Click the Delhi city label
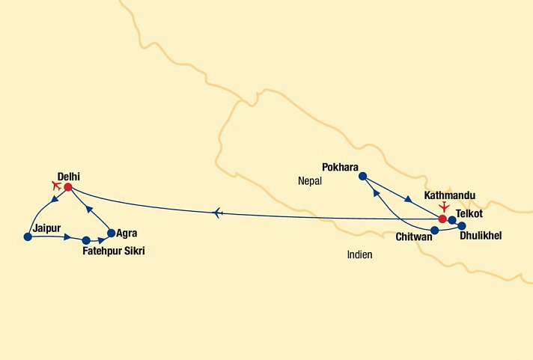(69, 176)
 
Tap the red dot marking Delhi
(67, 187)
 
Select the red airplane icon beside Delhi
(55, 185)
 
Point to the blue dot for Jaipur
(28, 237)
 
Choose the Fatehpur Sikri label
(113, 251)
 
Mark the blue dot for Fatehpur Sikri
(86, 240)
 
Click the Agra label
(127, 233)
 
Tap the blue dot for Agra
(112, 233)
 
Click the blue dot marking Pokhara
(362, 177)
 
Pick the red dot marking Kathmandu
(442, 219)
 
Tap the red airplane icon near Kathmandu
(445, 206)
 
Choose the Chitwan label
(413, 237)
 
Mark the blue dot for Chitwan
(434, 230)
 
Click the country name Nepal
(308, 180)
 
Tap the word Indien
(359, 254)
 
